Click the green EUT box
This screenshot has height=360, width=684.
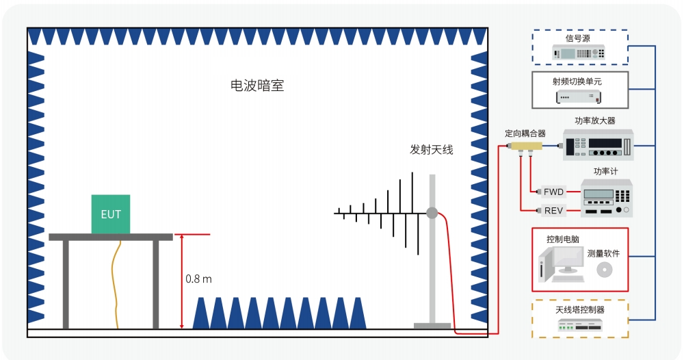111,214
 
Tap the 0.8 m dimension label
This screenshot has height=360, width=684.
198,279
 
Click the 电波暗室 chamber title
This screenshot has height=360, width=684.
257,86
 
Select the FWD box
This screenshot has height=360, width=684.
553,192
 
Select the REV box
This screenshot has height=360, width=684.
553,210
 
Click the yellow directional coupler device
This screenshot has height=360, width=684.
525,147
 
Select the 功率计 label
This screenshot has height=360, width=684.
605,171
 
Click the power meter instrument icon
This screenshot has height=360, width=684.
606,197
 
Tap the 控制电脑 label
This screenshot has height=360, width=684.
563,240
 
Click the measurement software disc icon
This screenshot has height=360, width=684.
603,270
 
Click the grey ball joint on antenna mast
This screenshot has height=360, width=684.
432,213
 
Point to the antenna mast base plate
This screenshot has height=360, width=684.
432,326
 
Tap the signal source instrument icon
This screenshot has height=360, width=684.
579,53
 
